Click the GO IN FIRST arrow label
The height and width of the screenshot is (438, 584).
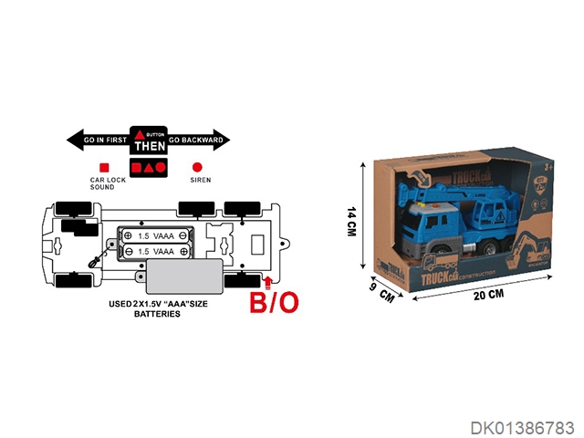point(99,141)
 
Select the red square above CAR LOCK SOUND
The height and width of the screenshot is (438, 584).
point(103,168)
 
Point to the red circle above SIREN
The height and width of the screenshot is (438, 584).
point(197,168)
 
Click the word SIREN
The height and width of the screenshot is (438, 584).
point(200,181)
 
